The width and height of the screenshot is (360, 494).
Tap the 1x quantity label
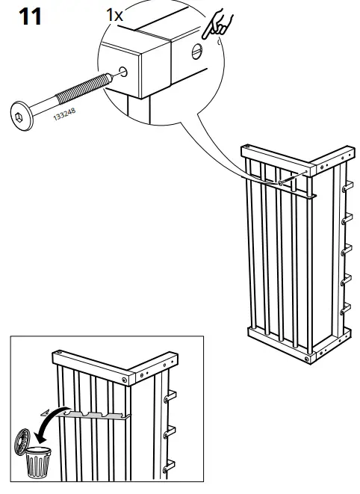[x=114, y=14]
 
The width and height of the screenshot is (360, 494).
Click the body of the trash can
[x=36, y=463]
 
